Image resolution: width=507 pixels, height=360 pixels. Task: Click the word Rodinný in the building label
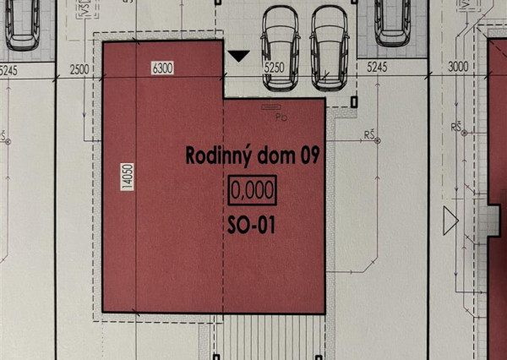(215, 155)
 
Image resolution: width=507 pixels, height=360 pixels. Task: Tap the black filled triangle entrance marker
(240, 57)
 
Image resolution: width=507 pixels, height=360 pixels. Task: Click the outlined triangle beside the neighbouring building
(450, 222)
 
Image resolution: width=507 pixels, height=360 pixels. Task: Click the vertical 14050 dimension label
(126, 177)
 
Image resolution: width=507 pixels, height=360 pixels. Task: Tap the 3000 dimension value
(457, 67)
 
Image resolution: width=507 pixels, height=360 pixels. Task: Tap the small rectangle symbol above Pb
(271, 107)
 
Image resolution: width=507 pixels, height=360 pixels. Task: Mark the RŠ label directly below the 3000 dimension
(458, 128)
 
